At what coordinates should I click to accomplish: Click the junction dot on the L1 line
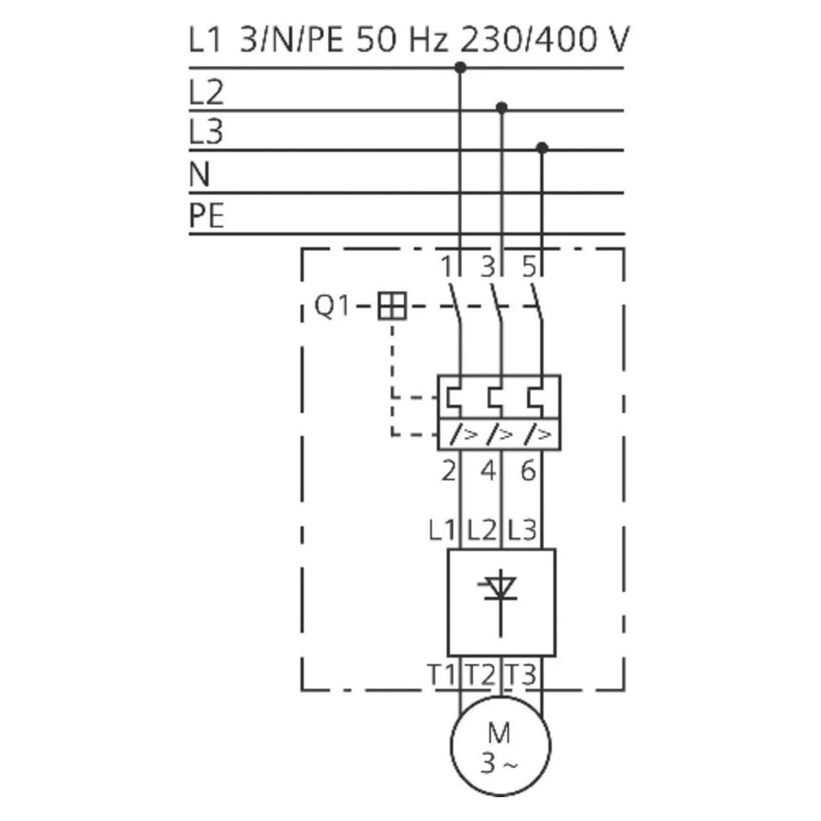[x=461, y=67]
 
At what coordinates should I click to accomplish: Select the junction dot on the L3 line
[x=542, y=148]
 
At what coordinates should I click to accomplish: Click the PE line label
[x=206, y=216]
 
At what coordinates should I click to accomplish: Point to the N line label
[x=200, y=174]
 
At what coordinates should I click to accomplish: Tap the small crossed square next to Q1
[x=392, y=307]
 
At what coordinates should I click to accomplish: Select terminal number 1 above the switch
[x=447, y=266]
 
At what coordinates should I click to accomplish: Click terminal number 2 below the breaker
[x=448, y=472]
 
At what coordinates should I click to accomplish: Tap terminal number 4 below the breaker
[x=488, y=472]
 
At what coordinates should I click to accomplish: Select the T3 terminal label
[x=522, y=675]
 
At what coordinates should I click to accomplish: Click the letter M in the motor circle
[x=499, y=731]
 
